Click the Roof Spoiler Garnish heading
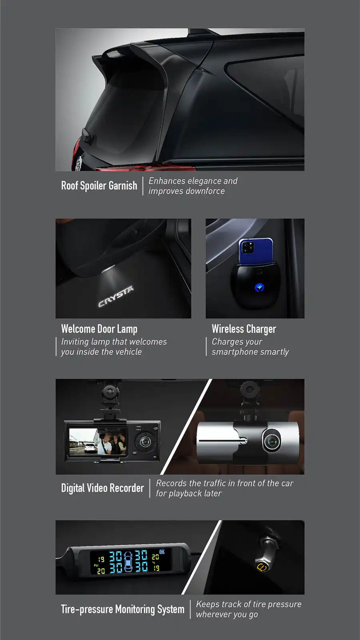(x=99, y=186)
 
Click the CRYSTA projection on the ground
(x=116, y=297)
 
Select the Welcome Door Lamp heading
(x=99, y=329)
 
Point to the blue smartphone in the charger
(x=256, y=251)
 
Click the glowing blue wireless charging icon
(x=259, y=287)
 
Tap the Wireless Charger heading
(x=244, y=329)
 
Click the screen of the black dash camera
(x=98, y=441)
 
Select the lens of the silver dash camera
(x=272, y=441)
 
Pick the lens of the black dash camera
(x=145, y=442)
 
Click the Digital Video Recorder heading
(x=102, y=488)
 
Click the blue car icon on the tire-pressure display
(x=128, y=562)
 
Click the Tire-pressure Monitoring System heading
(x=123, y=610)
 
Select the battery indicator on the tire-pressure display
(x=162, y=552)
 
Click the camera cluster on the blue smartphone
(x=248, y=248)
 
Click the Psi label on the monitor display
(x=96, y=565)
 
